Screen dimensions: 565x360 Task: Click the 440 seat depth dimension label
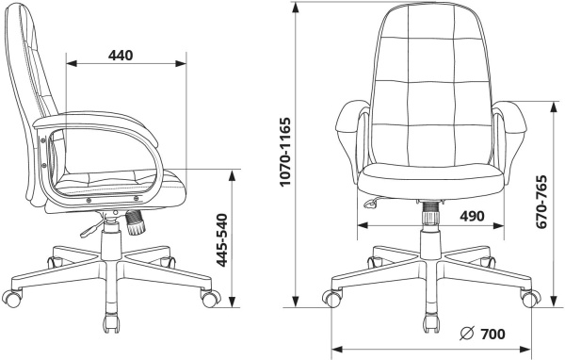[x=121, y=56]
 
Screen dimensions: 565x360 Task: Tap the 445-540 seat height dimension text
[x=223, y=240]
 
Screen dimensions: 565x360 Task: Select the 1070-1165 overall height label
[x=284, y=152]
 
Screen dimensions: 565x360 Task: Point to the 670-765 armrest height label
[x=541, y=202]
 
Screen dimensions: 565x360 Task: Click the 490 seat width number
[x=472, y=216]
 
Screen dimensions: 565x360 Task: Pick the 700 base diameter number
[x=492, y=334]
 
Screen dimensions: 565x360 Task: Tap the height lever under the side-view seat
[x=91, y=228]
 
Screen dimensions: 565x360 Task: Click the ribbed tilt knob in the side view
[x=135, y=223]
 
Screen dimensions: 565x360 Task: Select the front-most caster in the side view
[x=110, y=323]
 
